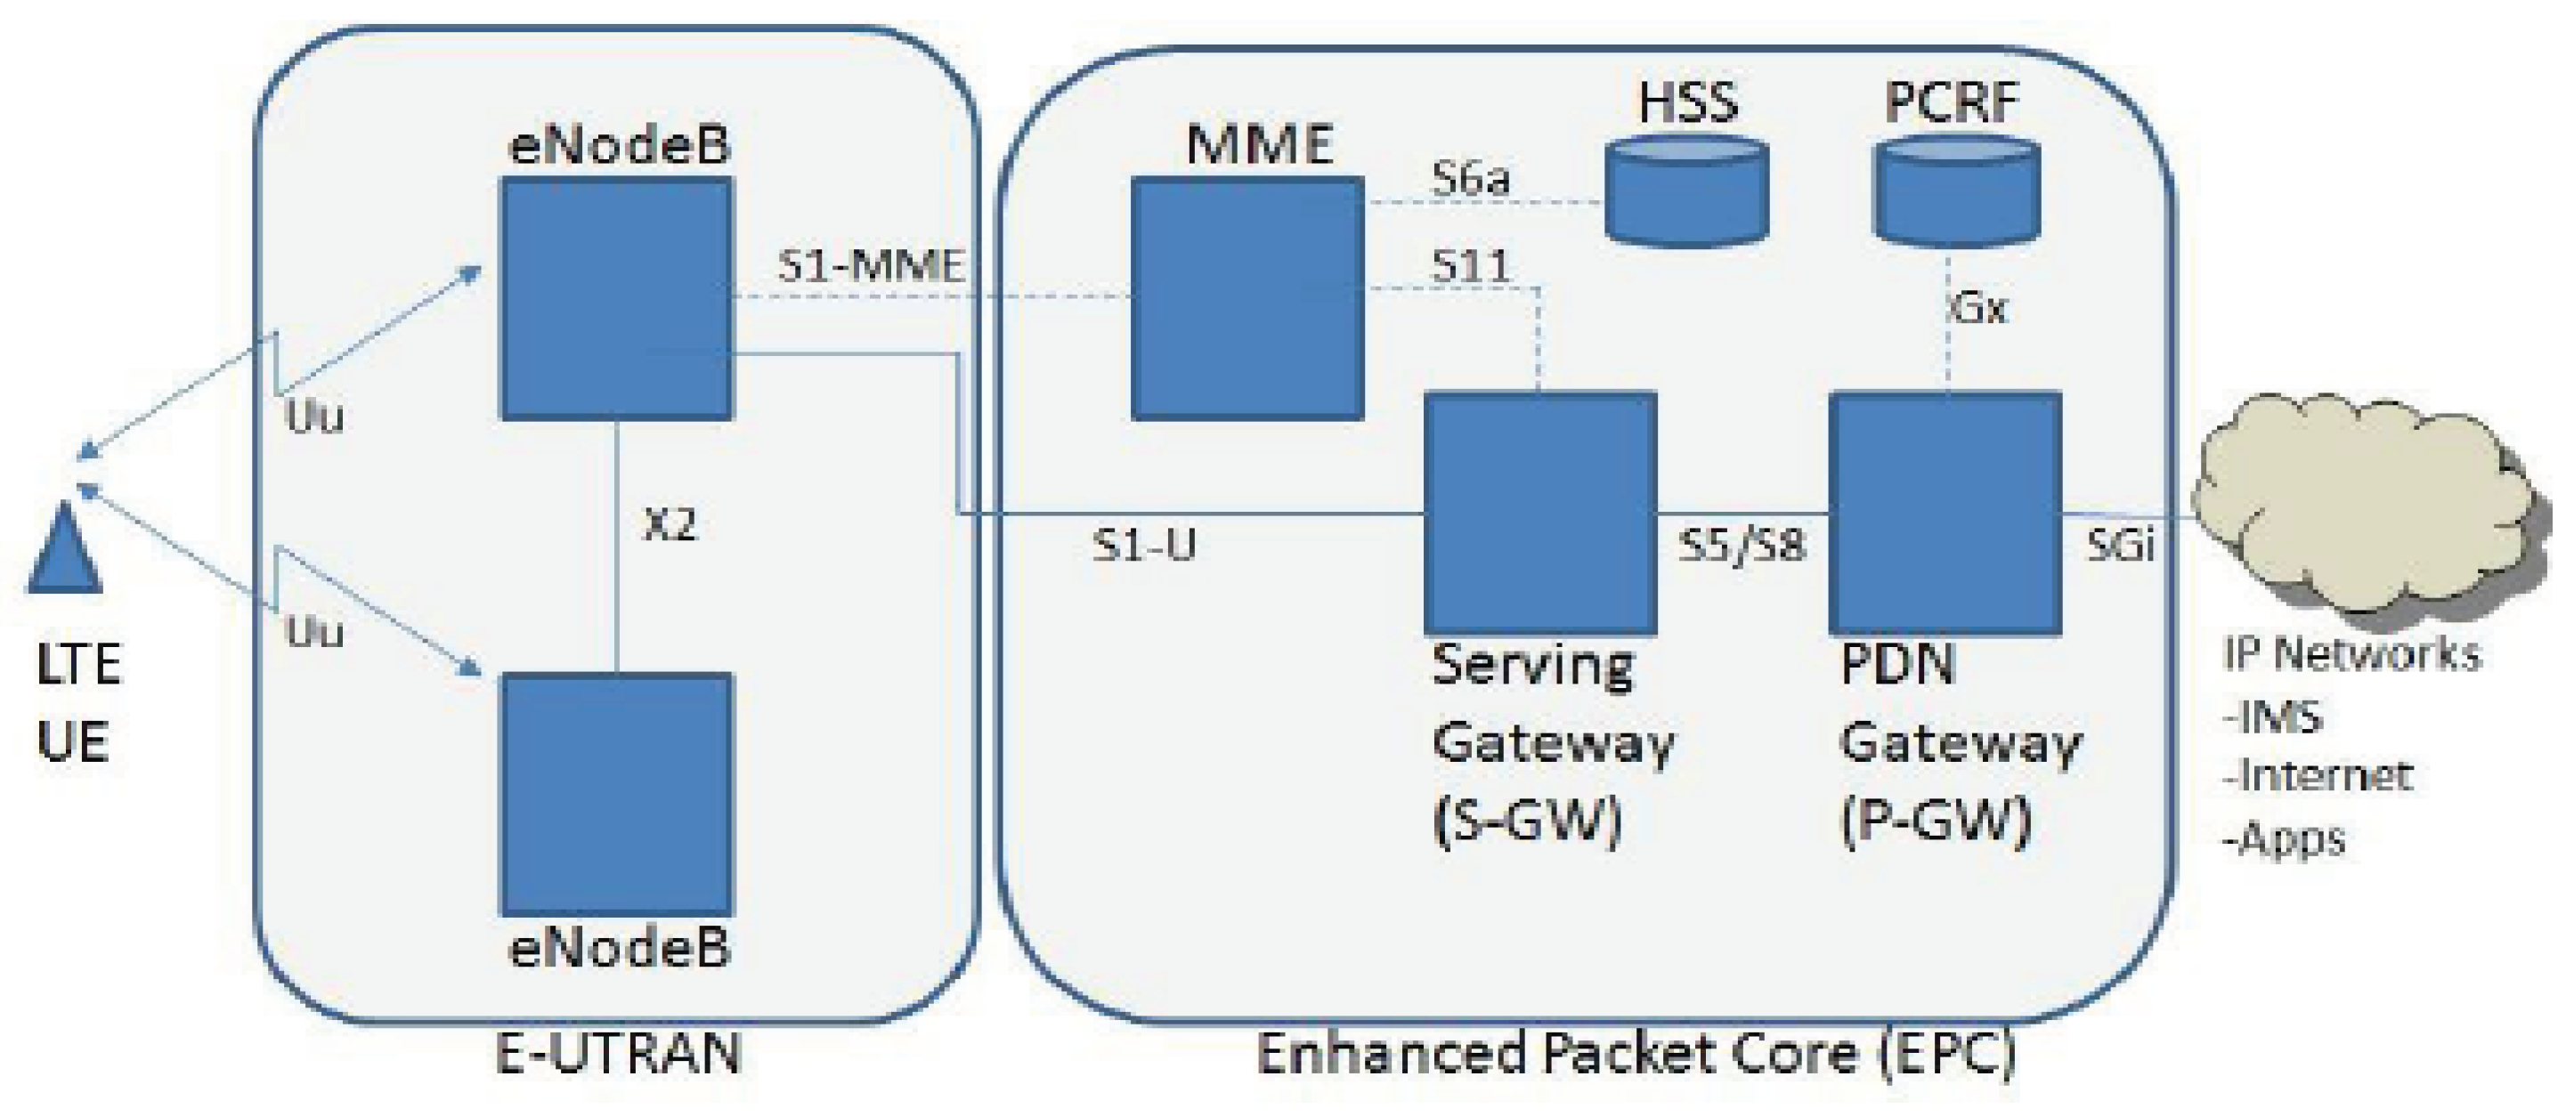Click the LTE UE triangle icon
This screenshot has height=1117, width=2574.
click(x=64, y=553)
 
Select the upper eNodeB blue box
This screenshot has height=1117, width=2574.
click(x=616, y=298)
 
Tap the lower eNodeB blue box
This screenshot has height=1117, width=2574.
click(x=616, y=794)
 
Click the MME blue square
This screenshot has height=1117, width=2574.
click(x=1247, y=298)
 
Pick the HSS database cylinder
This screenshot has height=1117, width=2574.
click(x=1685, y=192)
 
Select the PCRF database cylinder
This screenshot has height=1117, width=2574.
click(x=1956, y=192)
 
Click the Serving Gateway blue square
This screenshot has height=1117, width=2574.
click(x=1539, y=513)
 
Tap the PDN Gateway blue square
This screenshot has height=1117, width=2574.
click(x=1945, y=513)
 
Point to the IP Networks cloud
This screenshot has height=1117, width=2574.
click(x=2359, y=509)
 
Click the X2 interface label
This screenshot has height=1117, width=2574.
click(x=670, y=524)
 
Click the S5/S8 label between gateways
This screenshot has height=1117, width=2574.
click(x=1742, y=546)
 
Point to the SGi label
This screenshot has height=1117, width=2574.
click(x=2119, y=546)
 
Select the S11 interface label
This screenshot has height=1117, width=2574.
click(x=1470, y=266)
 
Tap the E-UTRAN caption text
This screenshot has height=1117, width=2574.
click(x=619, y=1053)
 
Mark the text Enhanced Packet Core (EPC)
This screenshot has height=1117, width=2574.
click(x=1635, y=1053)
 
